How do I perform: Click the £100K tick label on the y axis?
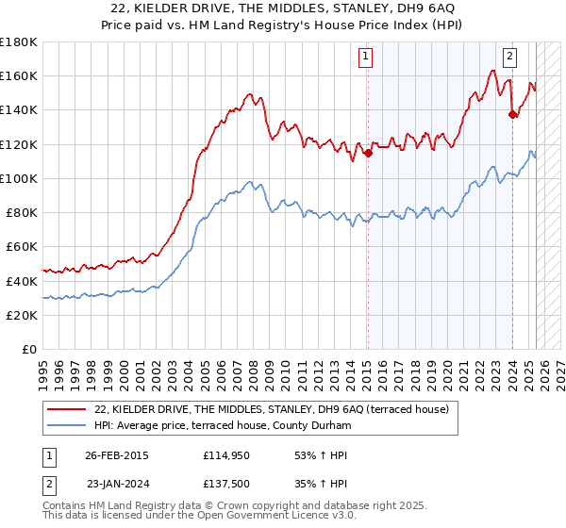(x=18, y=178)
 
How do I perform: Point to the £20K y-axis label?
(x=22, y=315)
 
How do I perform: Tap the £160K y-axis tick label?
(x=18, y=75)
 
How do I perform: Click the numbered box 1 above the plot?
(x=366, y=57)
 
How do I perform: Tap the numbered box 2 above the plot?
(x=509, y=57)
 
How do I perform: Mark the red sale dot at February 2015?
(x=369, y=154)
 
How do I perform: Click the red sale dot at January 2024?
(x=512, y=115)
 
